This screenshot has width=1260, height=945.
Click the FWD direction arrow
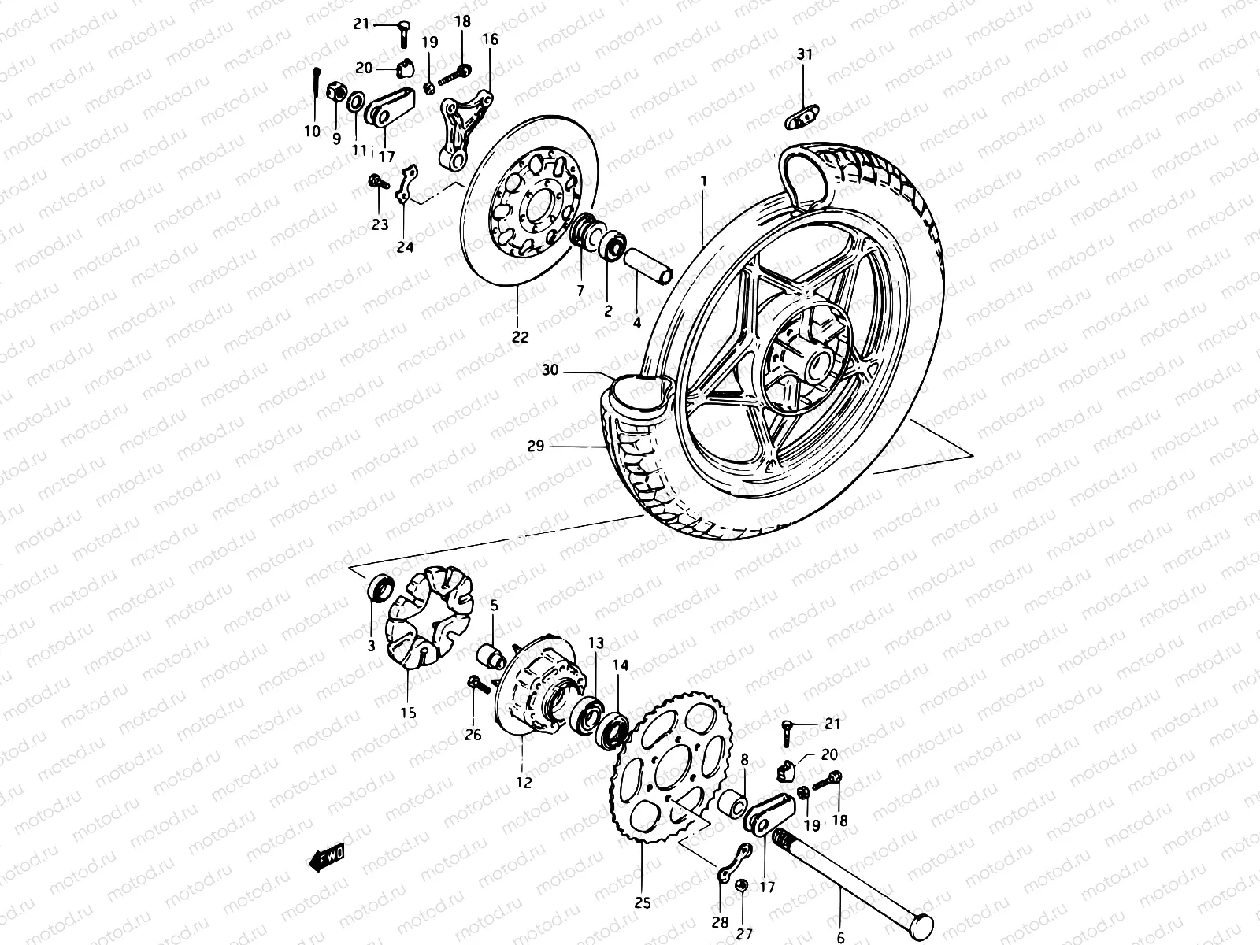328,858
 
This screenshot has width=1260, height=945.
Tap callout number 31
803,54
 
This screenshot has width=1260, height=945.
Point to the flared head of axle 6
921,925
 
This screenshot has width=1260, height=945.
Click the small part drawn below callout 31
801,117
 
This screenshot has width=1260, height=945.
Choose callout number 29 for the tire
536,447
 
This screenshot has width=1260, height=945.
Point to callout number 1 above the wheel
703,181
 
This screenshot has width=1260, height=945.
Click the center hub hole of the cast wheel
813,364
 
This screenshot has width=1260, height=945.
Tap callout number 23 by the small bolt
380,225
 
